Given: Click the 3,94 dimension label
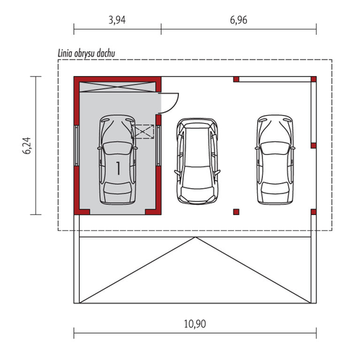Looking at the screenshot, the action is pyautogui.click(x=117, y=20).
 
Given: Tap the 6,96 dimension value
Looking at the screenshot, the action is pyautogui.click(x=238, y=20).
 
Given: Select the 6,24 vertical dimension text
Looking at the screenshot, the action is pyautogui.click(x=27, y=146).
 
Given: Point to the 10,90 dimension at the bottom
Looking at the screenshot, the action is pyautogui.click(x=195, y=324).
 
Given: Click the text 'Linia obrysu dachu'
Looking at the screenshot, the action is pyautogui.click(x=86, y=54).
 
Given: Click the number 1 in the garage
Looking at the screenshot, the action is pyautogui.click(x=118, y=168).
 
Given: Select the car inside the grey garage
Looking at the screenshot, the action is pyautogui.click(x=117, y=159).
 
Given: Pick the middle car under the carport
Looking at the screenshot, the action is pyautogui.click(x=197, y=161).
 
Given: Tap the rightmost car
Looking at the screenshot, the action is pyautogui.click(x=275, y=159).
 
